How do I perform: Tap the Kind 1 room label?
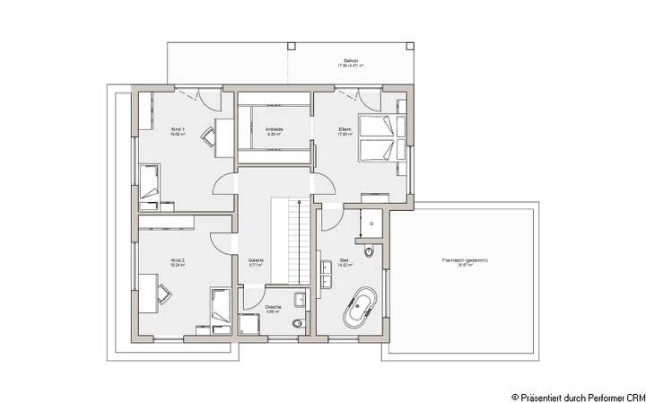click(178, 131)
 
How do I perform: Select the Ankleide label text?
click(274, 131)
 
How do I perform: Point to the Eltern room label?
click(344, 131)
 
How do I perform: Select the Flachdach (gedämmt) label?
click(465, 262)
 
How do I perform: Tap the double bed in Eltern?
click(376, 136)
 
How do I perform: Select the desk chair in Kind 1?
click(208, 136)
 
